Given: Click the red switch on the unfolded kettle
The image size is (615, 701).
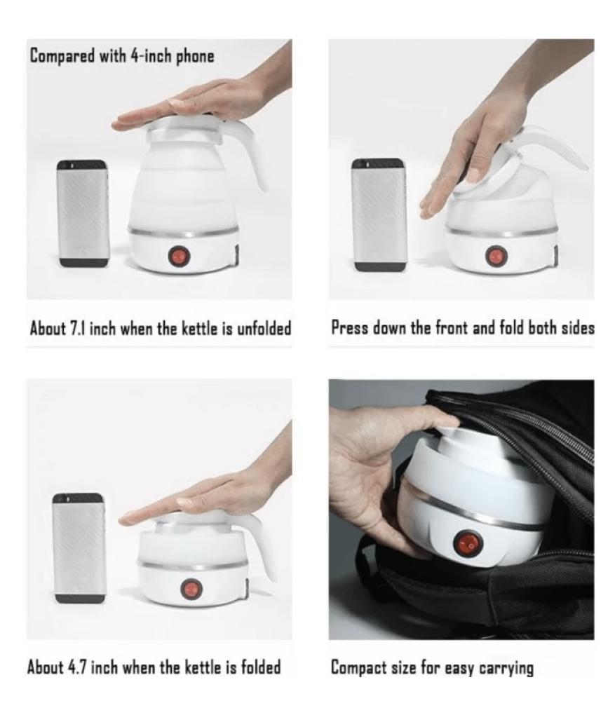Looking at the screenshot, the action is (180, 256).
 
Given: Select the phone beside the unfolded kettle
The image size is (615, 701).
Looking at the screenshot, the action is (83, 213).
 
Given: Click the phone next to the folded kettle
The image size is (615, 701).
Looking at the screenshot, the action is (79, 548).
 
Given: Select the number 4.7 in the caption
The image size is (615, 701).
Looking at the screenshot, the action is (79, 667).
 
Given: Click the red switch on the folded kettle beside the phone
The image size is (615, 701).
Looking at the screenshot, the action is (191, 590).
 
